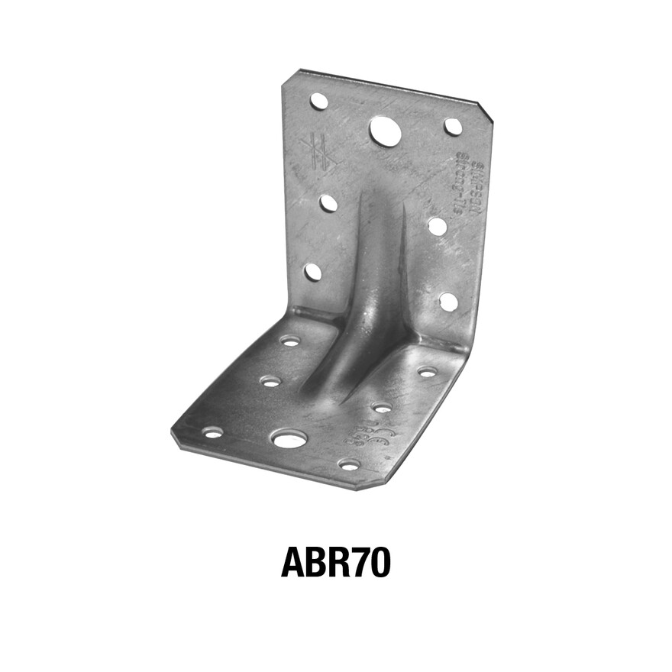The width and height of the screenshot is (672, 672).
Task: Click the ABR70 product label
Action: tap(336, 563)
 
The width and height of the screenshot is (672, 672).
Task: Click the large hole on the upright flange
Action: tap(386, 131)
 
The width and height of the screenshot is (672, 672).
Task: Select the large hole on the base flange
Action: tap(289, 438)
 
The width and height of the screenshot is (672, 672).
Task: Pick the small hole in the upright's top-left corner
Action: tap(319, 101)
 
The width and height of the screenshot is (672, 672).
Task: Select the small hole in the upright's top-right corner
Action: tap(454, 127)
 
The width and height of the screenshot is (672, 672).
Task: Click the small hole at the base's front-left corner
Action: tap(212, 432)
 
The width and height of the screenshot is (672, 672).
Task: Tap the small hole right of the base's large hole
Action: tap(349, 464)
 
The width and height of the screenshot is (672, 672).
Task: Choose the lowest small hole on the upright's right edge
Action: tap(449, 302)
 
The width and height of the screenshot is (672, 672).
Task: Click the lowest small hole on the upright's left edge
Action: tap(313, 271)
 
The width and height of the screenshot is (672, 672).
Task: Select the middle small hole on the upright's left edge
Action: tap(328, 203)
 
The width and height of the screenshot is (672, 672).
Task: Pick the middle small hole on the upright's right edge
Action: tap(438, 226)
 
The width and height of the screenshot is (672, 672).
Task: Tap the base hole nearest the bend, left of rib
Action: tap(290, 341)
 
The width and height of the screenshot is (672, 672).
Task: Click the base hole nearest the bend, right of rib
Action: tap(428, 372)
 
